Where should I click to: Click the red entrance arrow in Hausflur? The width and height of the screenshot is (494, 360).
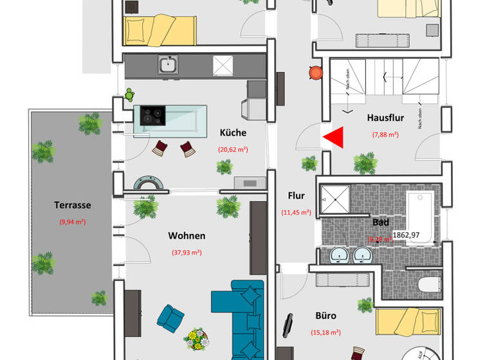click(x=334, y=137)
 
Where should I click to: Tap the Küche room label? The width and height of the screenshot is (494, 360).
click(x=233, y=133)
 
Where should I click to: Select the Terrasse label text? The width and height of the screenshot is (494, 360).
click(x=72, y=206)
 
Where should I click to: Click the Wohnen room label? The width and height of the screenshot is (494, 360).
click(x=187, y=236)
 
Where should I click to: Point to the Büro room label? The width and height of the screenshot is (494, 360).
click(x=326, y=316)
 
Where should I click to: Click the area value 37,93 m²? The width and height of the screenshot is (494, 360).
click(x=187, y=253)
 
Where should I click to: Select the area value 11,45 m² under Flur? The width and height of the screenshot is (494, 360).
click(x=296, y=212)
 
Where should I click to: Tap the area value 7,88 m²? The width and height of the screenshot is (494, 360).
click(x=385, y=134)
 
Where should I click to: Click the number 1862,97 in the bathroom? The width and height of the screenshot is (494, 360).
click(x=406, y=235)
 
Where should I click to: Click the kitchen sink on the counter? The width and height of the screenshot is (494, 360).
click(x=169, y=64)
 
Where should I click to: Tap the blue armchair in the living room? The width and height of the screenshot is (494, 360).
click(x=171, y=319)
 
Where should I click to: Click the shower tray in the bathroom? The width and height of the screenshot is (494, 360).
click(x=335, y=199)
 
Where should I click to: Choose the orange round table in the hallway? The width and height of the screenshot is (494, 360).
click(x=315, y=73)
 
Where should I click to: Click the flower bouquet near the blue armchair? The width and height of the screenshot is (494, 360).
click(x=196, y=337)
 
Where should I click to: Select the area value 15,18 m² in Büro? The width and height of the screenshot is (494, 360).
click(x=326, y=332)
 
